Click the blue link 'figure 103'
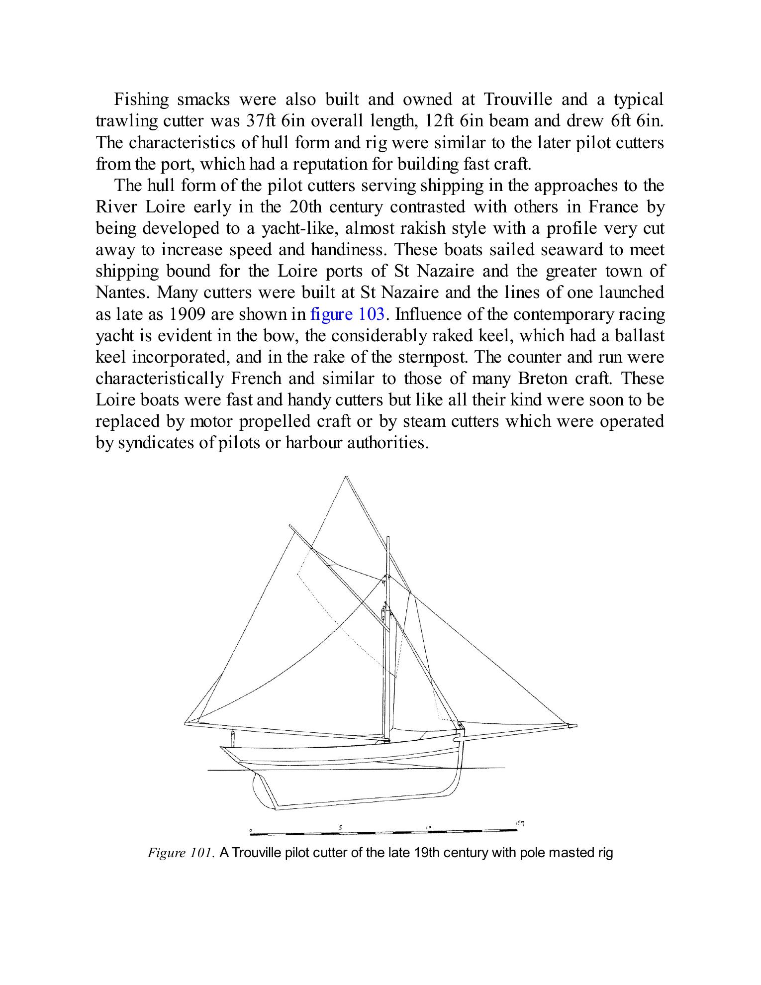point(347,314)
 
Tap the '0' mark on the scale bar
point(251,830)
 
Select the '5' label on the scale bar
point(341,827)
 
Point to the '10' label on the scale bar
point(428,827)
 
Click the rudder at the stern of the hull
point(264,791)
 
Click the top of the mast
point(387,538)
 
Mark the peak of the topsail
point(346,478)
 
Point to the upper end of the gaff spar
point(290,526)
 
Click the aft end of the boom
point(187,723)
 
